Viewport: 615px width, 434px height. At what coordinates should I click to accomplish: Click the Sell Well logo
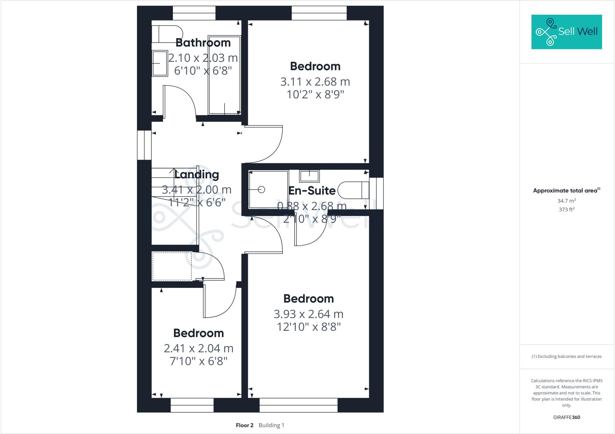pyautogui.click(x=566, y=32)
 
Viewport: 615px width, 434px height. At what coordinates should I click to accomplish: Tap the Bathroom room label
pyautogui.click(x=203, y=43)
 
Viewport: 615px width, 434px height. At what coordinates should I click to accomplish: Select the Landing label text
pyautogui.click(x=197, y=174)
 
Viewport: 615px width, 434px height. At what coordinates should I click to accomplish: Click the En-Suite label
pyautogui.click(x=312, y=191)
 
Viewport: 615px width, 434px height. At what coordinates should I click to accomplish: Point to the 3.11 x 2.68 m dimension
pyautogui.click(x=315, y=82)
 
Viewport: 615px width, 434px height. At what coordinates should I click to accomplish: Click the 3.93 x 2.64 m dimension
pyautogui.click(x=308, y=314)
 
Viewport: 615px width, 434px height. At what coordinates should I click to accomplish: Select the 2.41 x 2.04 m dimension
pyautogui.click(x=198, y=348)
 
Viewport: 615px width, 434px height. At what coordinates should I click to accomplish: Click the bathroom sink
pyautogui.click(x=159, y=63)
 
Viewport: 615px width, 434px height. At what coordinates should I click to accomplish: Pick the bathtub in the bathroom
pyautogui.click(x=224, y=75)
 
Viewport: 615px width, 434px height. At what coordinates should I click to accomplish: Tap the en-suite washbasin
pyautogui.click(x=309, y=176)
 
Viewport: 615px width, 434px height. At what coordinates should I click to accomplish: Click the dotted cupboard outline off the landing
pyautogui.click(x=172, y=266)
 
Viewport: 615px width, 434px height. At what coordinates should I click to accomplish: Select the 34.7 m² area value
pyautogui.click(x=566, y=200)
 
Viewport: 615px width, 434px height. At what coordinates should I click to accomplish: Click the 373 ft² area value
pyautogui.click(x=566, y=209)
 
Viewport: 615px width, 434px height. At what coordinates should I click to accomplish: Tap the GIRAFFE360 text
pyautogui.click(x=566, y=417)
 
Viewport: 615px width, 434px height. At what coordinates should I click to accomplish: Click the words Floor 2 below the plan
pyautogui.click(x=244, y=425)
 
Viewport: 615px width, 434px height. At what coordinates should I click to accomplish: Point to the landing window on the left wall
pyautogui.click(x=144, y=145)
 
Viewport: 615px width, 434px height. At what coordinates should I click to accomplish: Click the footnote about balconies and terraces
pyautogui.click(x=566, y=357)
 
